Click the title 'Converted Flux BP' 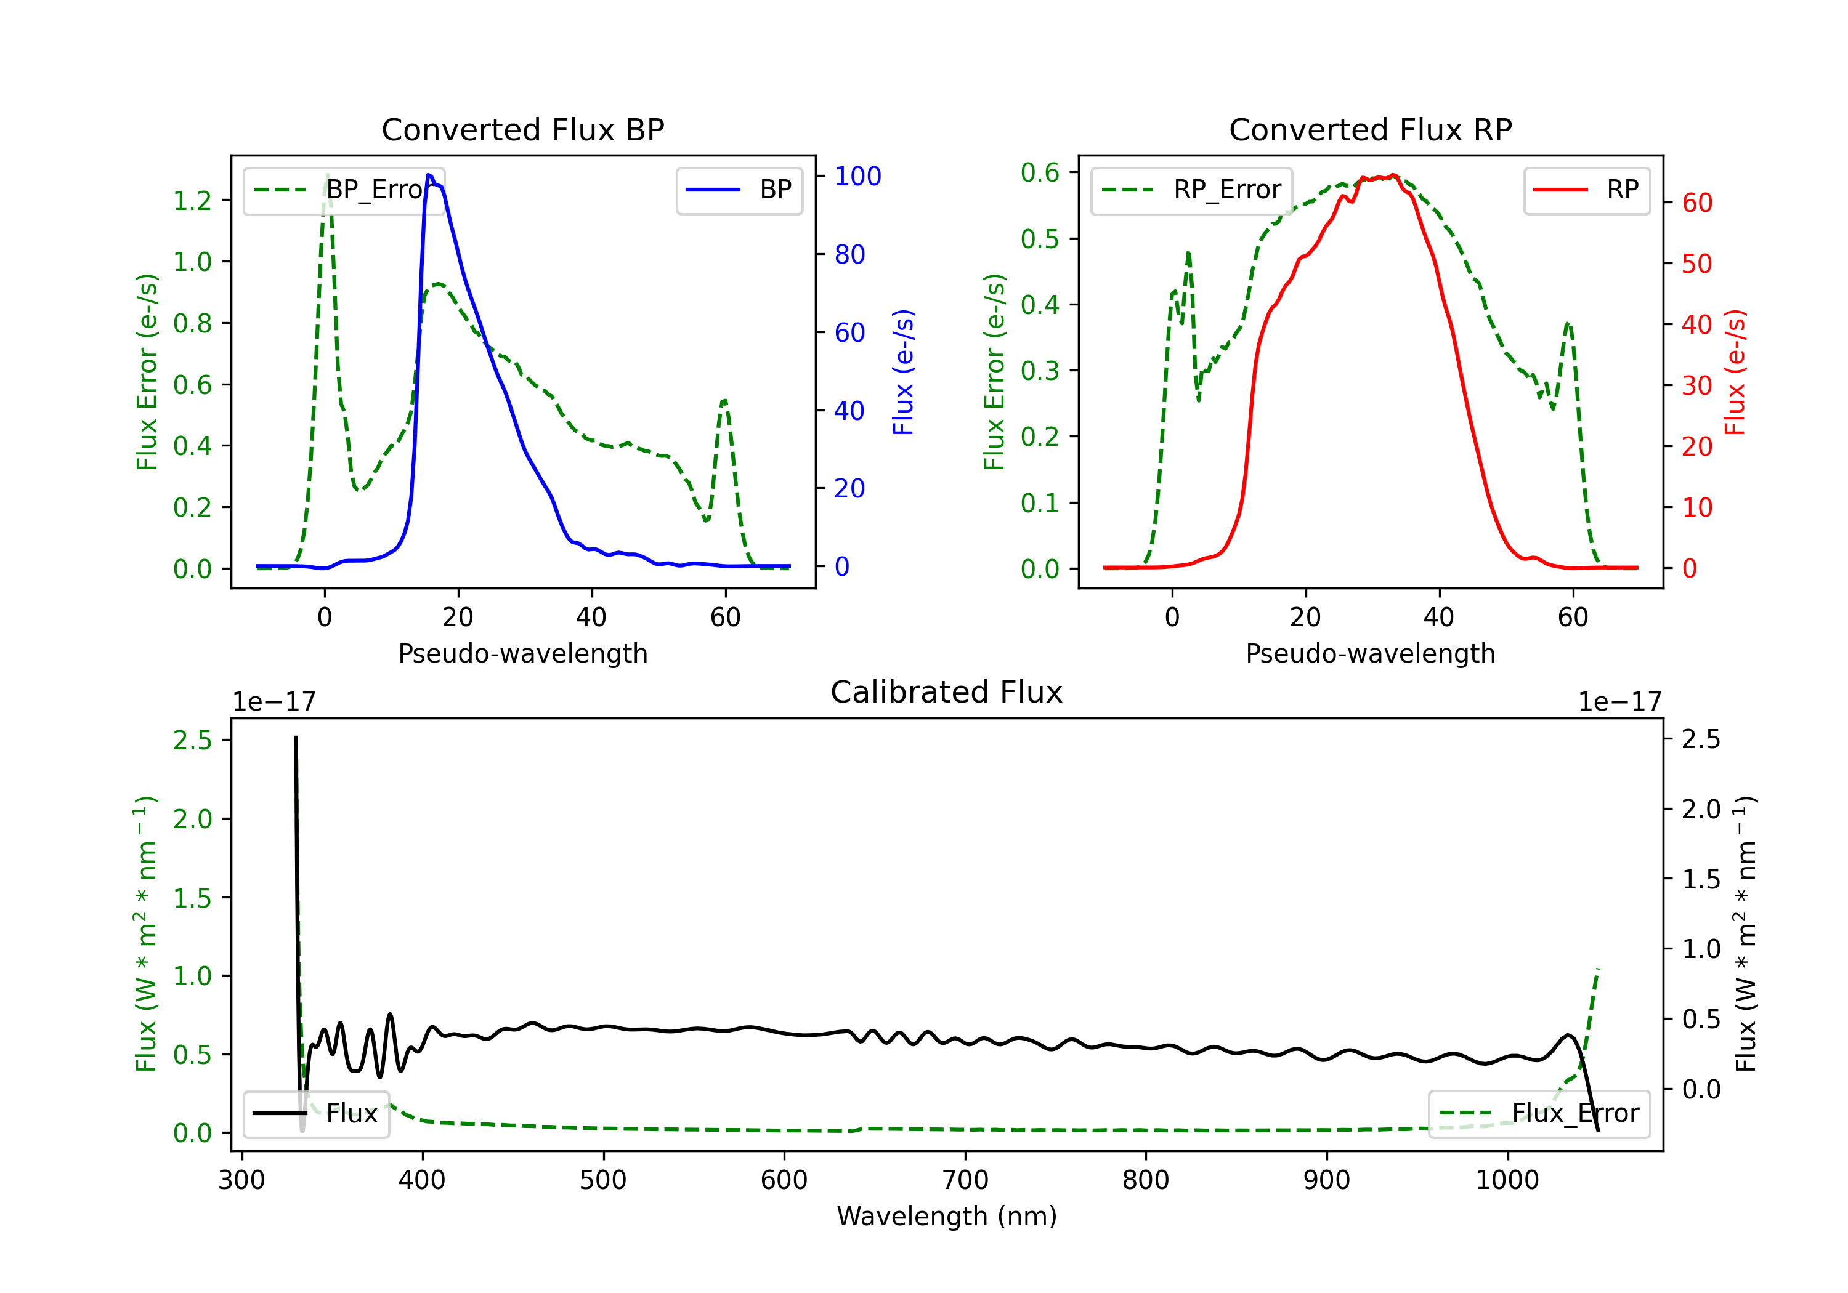pos(522,129)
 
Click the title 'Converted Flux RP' pos(1370,129)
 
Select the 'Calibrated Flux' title pos(947,692)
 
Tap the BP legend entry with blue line pos(739,190)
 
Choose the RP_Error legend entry pos(1191,190)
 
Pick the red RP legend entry pos(1586,190)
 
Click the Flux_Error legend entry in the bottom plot pos(1539,1114)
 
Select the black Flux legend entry pos(315,1114)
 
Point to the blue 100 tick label pos(858,176)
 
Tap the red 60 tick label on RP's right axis pos(1698,203)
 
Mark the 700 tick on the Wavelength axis pos(965,1180)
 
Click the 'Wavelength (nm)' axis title pos(947,1217)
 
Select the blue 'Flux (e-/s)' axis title pos(903,372)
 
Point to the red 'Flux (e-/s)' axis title pos(1735,372)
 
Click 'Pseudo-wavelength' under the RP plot pos(1370,653)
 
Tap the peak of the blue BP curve pos(429,175)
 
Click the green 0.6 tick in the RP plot pos(1040,172)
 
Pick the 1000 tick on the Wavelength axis pos(1507,1180)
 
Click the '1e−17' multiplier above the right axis pos(1620,702)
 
